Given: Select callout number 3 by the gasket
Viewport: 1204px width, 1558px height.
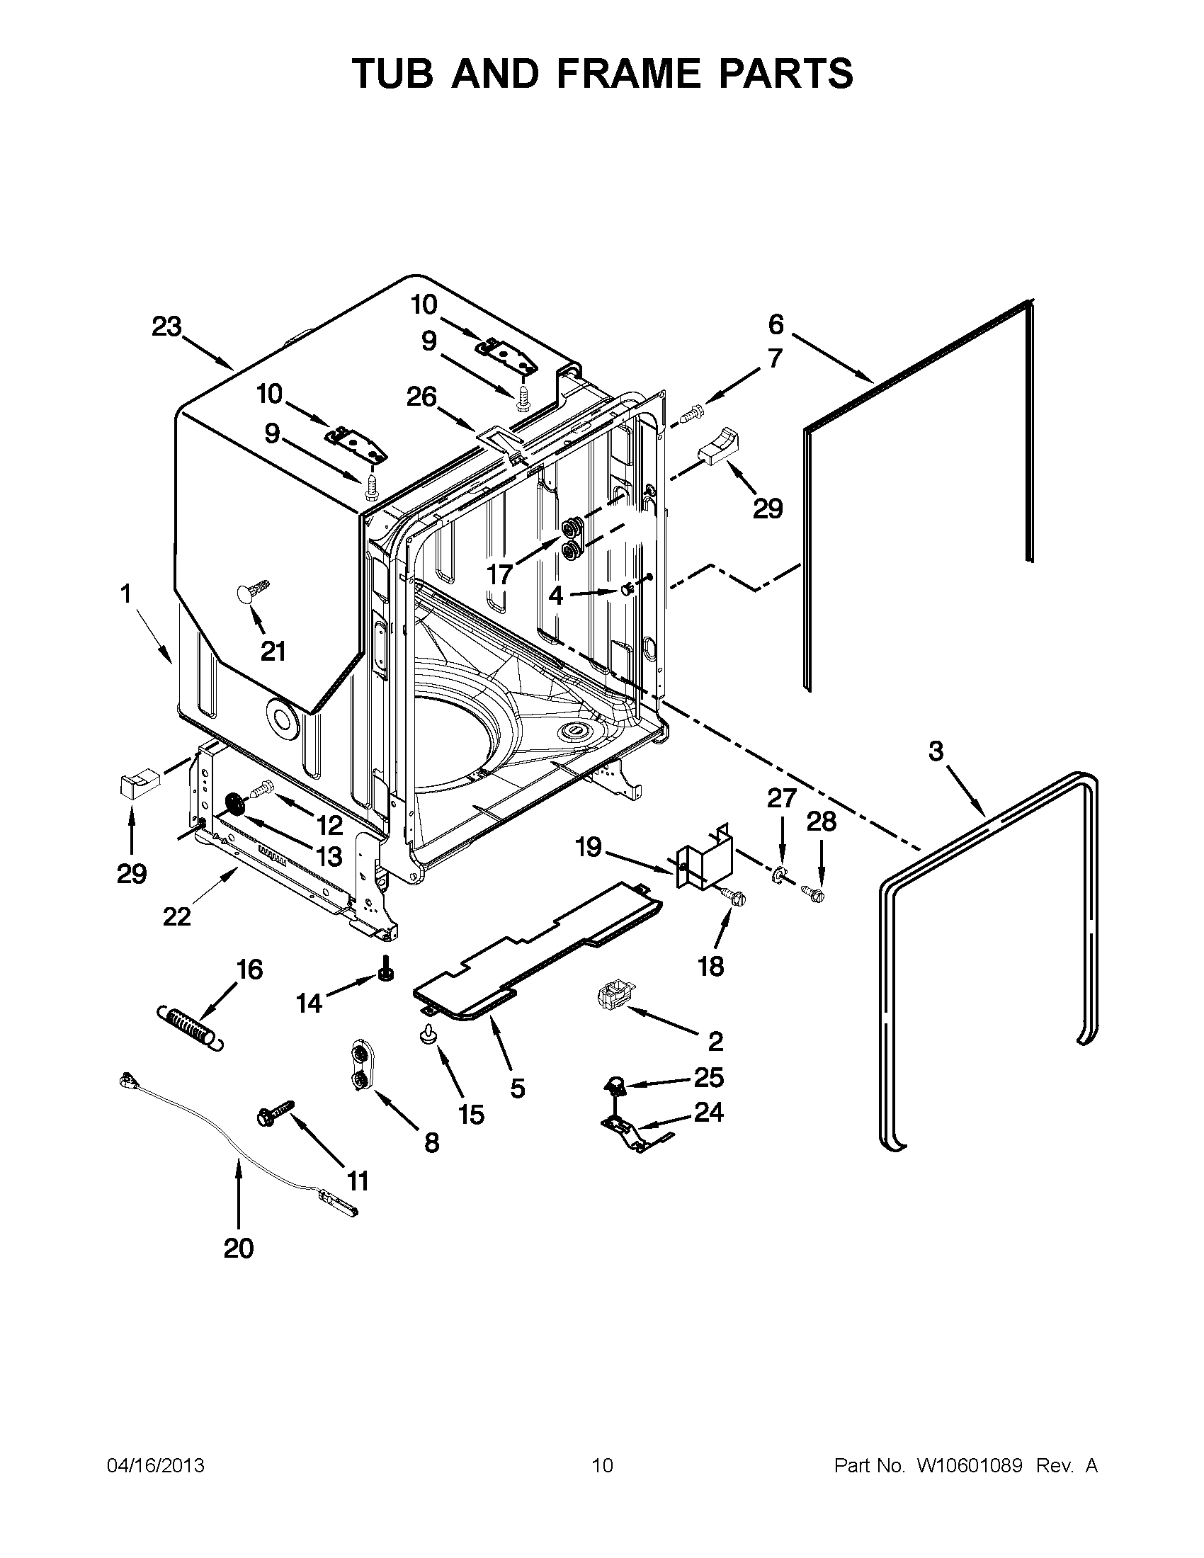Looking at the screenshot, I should (x=936, y=751).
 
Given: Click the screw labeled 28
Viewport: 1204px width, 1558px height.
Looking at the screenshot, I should (x=812, y=891).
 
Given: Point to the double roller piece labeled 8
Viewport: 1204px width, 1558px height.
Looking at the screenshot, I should (x=362, y=1066).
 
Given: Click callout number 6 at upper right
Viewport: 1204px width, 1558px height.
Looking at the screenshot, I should (x=776, y=324).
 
